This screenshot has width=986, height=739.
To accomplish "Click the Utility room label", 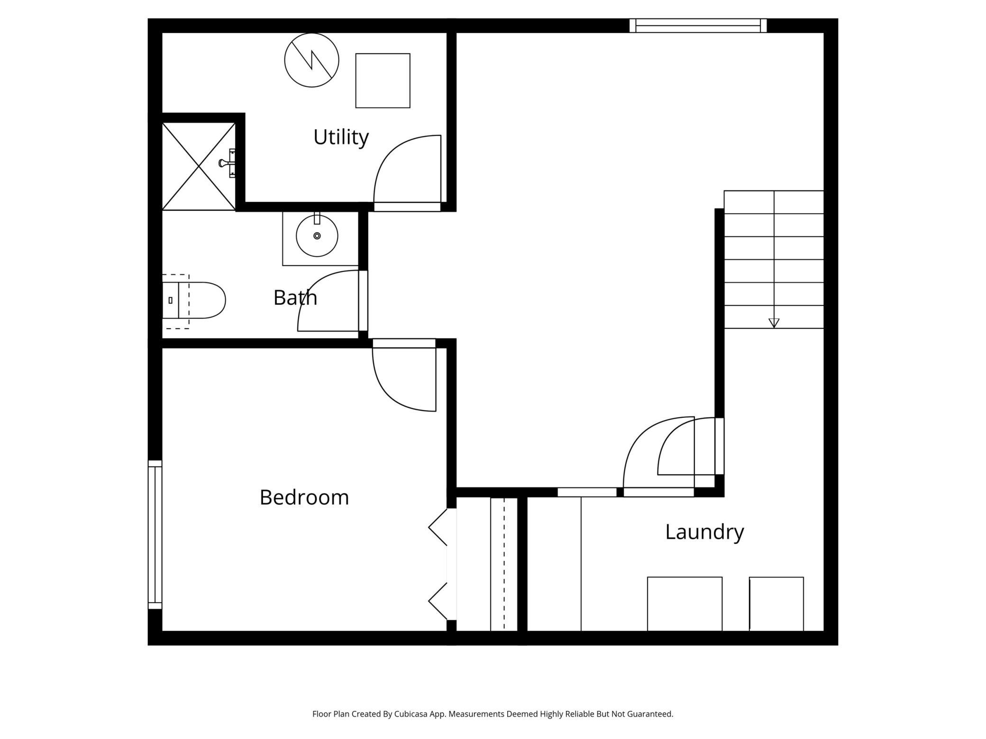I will [341, 137].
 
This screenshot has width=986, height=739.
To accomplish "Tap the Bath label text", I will [295, 298].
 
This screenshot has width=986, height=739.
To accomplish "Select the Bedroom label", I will [304, 497].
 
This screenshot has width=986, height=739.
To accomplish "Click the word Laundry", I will [704, 532].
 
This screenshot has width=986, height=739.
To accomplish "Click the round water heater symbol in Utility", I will [311, 60].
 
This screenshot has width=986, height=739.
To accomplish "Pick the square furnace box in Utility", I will [383, 81].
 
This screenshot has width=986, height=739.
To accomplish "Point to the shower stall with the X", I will [198, 166].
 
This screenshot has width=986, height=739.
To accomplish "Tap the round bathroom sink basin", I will [317, 236].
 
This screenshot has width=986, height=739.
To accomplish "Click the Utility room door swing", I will [403, 171].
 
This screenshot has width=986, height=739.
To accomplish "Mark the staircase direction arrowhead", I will [774, 323].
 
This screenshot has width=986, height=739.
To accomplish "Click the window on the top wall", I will [698, 26].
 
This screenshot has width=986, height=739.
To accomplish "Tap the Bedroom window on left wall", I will [155, 534].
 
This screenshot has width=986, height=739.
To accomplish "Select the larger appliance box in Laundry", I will [685, 604].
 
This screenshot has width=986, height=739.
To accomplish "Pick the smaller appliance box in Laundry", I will [776, 604].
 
